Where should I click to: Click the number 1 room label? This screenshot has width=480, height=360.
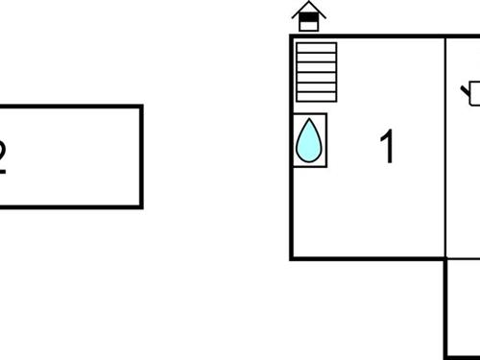point(388,148)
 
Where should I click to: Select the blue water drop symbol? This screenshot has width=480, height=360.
point(309,141)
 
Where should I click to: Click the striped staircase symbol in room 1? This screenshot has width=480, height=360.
point(316,72)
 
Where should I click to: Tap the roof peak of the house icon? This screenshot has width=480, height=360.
point(308,6)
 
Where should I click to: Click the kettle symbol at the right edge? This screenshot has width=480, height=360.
point(472,94)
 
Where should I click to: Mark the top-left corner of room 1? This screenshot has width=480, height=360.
point(292,36)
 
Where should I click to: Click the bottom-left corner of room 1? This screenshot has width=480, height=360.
point(292,257)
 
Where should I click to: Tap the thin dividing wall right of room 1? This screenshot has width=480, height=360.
point(446,144)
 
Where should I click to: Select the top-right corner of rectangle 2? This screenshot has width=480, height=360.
point(141,107)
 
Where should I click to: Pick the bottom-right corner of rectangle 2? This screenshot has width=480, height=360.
point(141,206)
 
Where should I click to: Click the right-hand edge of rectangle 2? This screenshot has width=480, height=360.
point(141,156)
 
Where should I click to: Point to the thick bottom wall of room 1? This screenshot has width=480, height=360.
point(370,257)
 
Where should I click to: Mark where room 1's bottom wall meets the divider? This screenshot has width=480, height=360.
point(446,257)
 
